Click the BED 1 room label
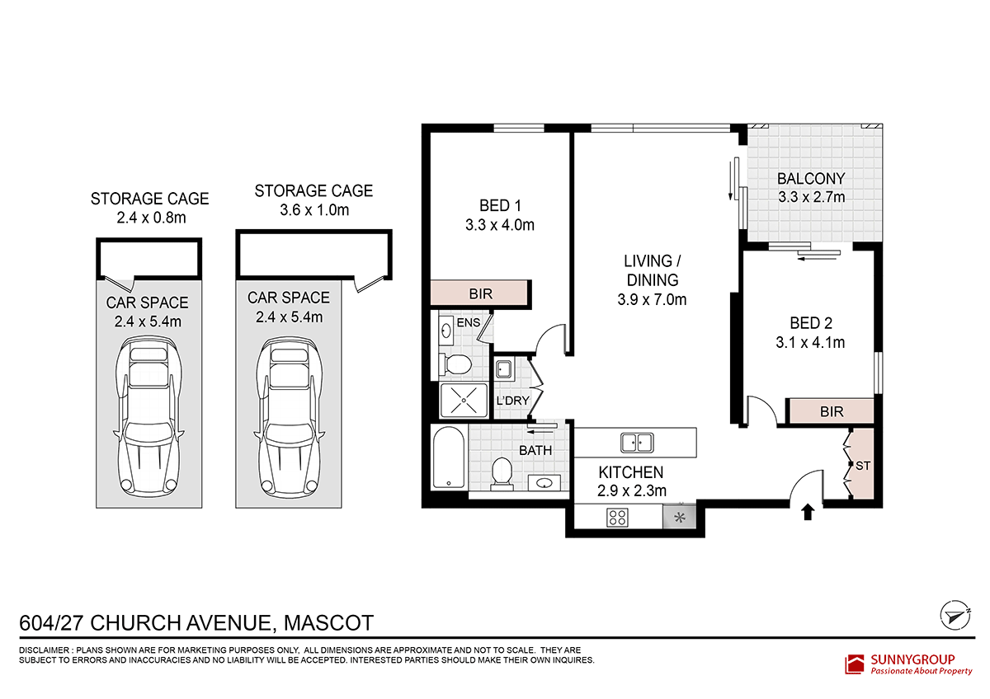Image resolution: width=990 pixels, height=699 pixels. pos(500,206)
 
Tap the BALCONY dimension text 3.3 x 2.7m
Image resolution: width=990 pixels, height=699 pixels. pos(812,197)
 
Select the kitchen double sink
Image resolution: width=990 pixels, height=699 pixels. pos(636,443)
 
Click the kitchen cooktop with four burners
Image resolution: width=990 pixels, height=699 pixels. pos(617,518)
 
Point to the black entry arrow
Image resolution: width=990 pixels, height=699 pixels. pos(808,512)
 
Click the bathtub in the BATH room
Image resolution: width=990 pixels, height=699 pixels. pos(449,457)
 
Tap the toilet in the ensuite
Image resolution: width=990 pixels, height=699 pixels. pos(455,364)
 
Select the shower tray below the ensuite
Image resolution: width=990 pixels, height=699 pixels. pos(464,400)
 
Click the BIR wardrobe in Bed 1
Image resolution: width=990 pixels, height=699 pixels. pos(479,293)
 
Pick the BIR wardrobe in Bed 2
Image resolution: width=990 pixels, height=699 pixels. pos(831,411)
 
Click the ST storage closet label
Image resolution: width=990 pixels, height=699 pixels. pos(863,466)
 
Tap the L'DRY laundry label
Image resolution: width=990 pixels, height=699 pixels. pos(512,401)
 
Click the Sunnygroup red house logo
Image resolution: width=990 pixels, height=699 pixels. pos(854,664)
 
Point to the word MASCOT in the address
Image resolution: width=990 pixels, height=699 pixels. pos(328,623)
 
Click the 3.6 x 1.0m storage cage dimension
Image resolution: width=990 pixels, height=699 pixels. pos(314,210)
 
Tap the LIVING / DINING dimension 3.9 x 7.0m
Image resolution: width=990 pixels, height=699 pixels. pos(652,300)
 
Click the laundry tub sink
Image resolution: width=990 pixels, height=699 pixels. pos(504,369)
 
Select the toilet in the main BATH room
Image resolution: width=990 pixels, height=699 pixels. pos(502,474)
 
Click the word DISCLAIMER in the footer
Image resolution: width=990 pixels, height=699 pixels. pos(45,650)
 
